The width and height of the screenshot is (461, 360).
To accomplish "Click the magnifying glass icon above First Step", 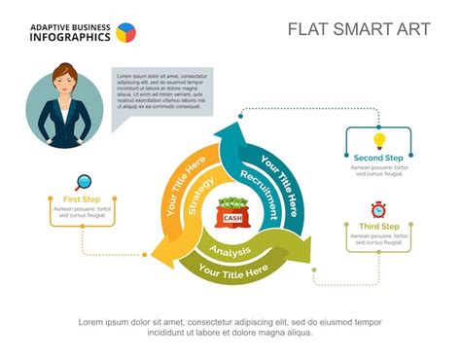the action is tap(84, 181).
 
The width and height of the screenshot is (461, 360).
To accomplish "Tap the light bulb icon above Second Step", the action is tap(379, 141).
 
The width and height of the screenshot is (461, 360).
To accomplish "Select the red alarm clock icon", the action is tap(378, 209).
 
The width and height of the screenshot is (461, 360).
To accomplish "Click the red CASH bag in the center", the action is tap(232, 214).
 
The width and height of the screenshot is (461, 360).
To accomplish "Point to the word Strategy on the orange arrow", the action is tap(201, 194).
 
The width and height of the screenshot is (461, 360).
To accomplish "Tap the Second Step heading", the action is tap(378, 158).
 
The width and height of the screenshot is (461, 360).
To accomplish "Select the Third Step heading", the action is tap(378, 227).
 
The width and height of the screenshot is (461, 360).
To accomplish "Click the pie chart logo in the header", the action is tap(125, 33).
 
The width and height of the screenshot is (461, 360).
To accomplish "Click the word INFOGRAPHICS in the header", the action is tap(70, 38).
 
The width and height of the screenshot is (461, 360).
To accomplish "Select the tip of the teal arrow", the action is tap(231, 125).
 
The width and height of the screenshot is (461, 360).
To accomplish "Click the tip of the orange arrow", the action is tap(154, 255).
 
